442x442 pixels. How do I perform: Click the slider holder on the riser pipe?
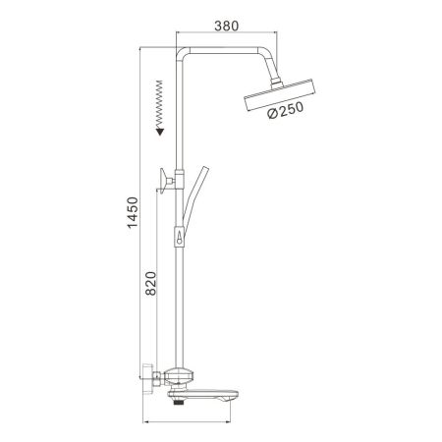pos(180,239)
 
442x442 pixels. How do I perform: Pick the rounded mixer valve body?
pos(181,375)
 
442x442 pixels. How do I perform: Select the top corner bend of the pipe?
pos(183,52)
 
